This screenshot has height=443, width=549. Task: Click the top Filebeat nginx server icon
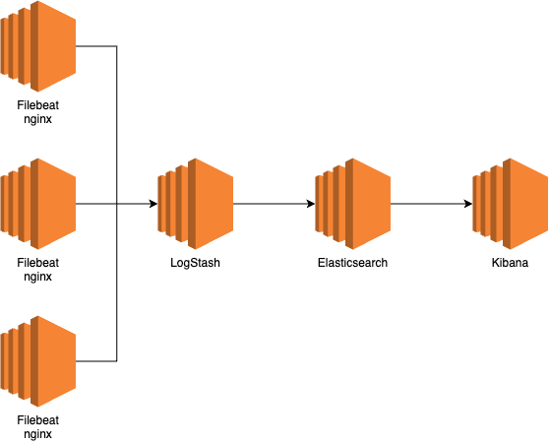pyautogui.click(x=38, y=46)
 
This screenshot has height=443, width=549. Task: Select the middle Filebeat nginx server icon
pyautogui.click(x=38, y=204)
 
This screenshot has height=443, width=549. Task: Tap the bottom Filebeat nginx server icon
pyautogui.click(x=38, y=361)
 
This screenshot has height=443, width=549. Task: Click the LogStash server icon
pyautogui.click(x=196, y=204)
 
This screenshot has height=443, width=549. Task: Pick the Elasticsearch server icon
pyautogui.click(x=353, y=204)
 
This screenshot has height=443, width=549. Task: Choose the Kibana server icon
pyautogui.click(x=510, y=204)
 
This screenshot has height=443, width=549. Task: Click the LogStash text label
pyautogui.click(x=196, y=263)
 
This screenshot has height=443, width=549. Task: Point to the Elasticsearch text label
pyautogui.click(x=352, y=263)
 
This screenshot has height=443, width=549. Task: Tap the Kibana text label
pyautogui.click(x=510, y=263)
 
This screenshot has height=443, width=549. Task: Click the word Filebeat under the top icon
pyautogui.click(x=37, y=105)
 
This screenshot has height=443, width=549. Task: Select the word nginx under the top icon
pyautogui.click(x=37, y=119)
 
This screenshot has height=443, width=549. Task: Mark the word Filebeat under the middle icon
pyautogui.click(x=37, y=263)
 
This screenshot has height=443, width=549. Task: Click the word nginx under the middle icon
pyautogui.click(x=37, y=277)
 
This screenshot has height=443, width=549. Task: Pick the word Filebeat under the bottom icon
pyautogui.click(x=37, y=420)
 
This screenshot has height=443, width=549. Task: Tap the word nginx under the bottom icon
pyautogui.click(x=37, y=434)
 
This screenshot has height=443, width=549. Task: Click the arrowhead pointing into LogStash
pyautogui.click(x=153, y=204)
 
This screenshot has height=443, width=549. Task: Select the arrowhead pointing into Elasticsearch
pyautogui.click(x=311, y=204)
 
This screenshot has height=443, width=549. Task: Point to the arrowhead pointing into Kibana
pyautogui.click(x=468, y=204)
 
